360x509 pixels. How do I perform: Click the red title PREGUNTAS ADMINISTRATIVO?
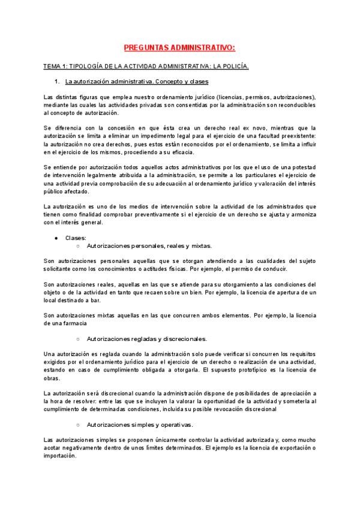pos(179,47)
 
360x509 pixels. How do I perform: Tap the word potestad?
pos(302,167)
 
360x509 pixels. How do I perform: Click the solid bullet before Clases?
pos(56,238)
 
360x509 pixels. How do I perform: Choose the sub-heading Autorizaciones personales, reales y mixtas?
pos(149,246)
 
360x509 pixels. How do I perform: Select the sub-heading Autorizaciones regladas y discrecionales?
pos(147,339)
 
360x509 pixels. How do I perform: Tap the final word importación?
pos(60,456)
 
